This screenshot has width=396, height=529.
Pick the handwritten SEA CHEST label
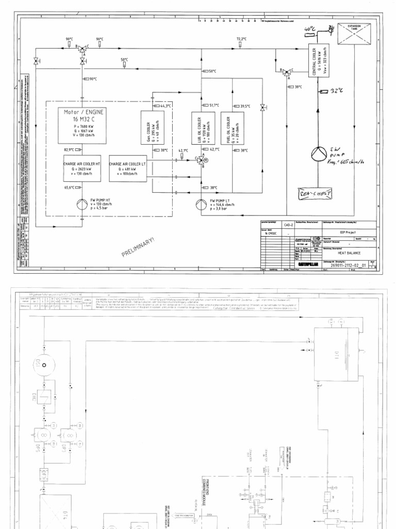[316, 193]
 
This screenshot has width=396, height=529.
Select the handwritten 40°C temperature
[309, 29]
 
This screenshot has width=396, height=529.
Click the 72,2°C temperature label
[241, 39]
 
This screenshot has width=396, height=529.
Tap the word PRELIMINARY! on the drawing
[138, 246]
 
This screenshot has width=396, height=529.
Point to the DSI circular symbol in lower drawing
[43, 365]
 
